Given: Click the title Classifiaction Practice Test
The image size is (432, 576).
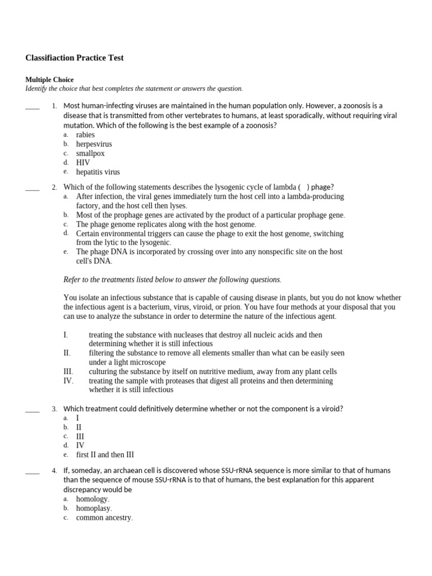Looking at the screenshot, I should click(74, 58).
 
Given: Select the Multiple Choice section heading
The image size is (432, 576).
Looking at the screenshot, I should click(49, 80).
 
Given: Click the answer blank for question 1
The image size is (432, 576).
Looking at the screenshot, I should click(33, 107).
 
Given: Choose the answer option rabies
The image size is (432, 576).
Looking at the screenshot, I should click(85, 135).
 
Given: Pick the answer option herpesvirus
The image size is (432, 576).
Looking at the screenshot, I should click(94, 144).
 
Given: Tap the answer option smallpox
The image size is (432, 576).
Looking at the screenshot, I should click(91, 154).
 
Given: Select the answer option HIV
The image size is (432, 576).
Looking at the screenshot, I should click(83, 163).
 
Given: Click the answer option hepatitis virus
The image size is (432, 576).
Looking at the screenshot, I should click(98, 172).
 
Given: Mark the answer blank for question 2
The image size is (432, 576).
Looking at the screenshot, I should click(33, 188).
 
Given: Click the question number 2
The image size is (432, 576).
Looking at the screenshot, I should click(54, 187).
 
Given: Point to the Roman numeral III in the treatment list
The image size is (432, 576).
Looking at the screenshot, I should click(68, 372).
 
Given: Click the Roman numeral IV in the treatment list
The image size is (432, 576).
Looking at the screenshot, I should click(68, 381).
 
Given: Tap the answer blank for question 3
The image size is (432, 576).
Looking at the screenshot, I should click(33, 410).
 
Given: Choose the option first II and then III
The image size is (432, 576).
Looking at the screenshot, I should click(105, 454).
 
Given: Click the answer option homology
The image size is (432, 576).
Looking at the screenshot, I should click(93, 499).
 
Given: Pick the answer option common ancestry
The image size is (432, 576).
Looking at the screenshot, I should click(104, 518).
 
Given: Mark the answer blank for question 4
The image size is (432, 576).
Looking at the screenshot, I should click(33, 472).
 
